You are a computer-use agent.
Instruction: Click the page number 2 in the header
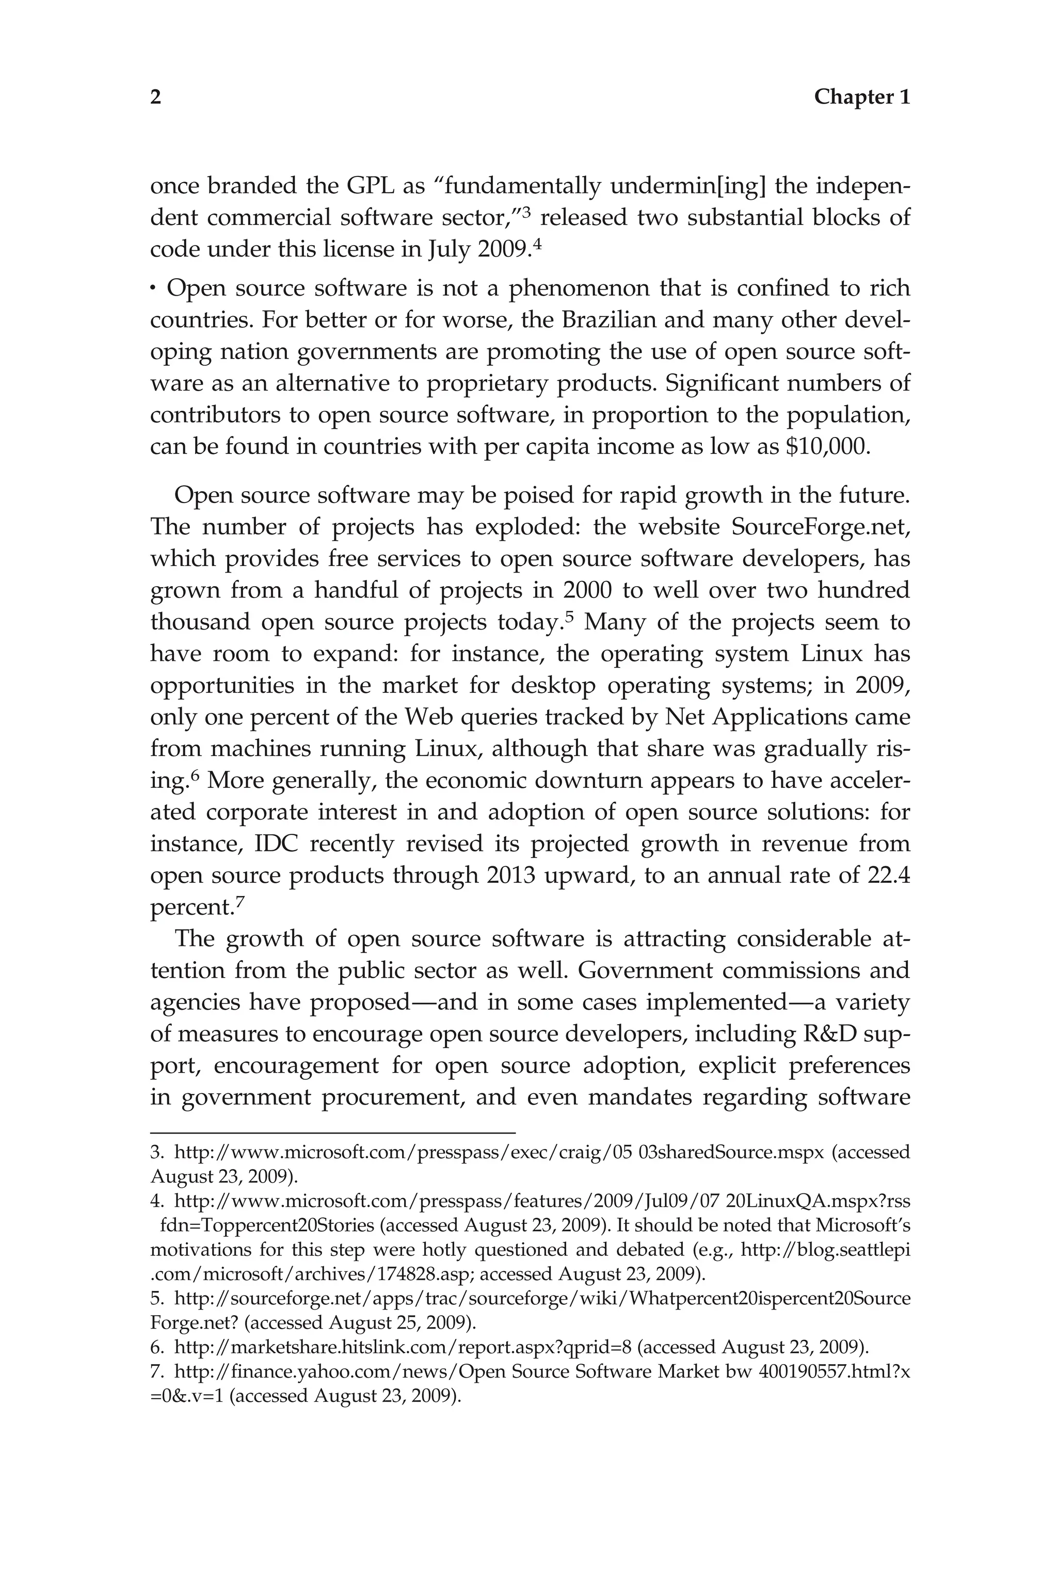[x=156, y=98]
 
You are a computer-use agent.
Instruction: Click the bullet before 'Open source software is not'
[x=154, y=290]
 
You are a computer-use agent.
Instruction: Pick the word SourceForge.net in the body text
[x=820, y=526]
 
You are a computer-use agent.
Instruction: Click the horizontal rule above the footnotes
[x=332, y=1134]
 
